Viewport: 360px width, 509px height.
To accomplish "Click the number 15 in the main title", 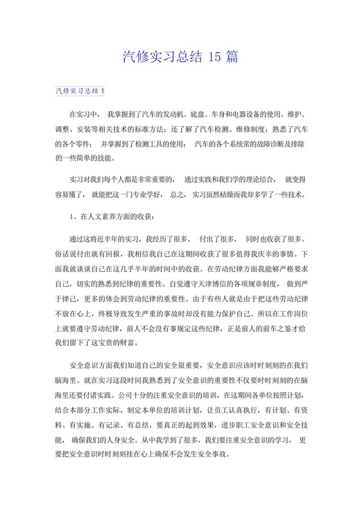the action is tap(217, 57).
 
